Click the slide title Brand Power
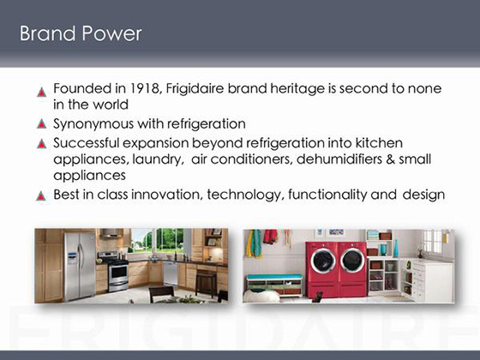tap(81, 33)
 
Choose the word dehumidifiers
tap(339, 159)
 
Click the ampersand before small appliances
tap(390, 159)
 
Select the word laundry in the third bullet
tap(157, 159)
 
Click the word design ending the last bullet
tap(423, 195)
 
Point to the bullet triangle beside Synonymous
tap(41, 124)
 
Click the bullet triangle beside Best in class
tap(41, 195)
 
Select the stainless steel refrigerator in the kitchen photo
tap(80, 266)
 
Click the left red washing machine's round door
tap(323, 261)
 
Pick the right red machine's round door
tap(353, 260)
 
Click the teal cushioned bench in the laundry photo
tap(274, 277)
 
